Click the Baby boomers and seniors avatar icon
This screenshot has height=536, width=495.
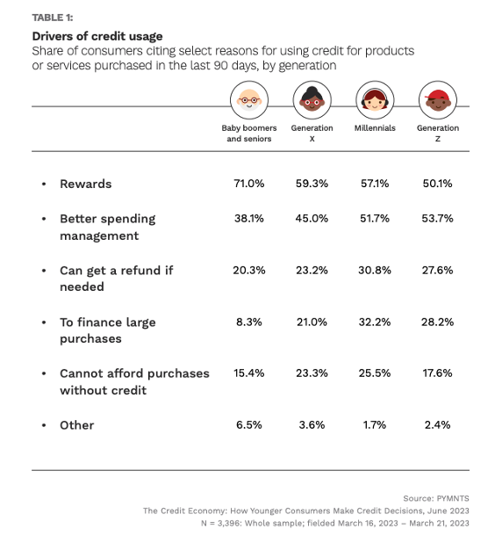249,100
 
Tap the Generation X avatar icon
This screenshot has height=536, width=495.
312,100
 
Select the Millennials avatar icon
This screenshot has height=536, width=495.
375,100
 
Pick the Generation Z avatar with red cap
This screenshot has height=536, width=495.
437,100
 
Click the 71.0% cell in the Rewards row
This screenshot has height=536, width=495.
248,184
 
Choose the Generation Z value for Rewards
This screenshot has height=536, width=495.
437,184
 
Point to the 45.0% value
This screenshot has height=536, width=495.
312,219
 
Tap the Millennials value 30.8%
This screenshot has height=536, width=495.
375,271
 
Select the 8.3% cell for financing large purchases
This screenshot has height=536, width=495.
248,322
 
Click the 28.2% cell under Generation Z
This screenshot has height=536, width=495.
437,322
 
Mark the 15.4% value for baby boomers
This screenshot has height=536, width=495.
248,373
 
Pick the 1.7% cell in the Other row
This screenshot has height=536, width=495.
375,425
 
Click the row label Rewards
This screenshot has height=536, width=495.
85,184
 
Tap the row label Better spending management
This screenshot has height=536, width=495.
107,227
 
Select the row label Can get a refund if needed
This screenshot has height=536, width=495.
116,279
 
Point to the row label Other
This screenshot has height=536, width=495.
76,425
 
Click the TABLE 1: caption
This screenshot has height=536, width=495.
54,17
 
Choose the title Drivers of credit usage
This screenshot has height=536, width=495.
97,36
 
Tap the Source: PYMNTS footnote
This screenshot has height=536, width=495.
435,498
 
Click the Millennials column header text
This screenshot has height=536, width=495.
375,128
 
